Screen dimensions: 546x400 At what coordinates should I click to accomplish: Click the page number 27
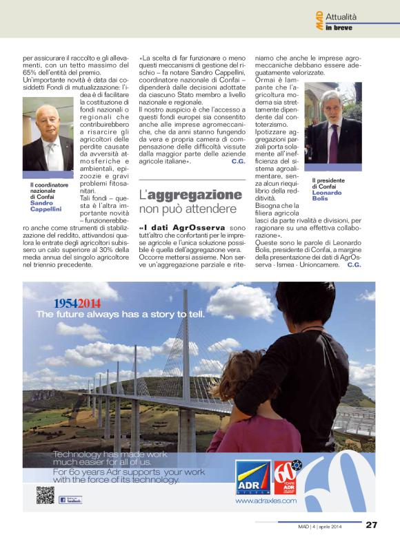[x=372, y=525]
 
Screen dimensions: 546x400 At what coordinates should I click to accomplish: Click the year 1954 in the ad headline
[x=66, y=303]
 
